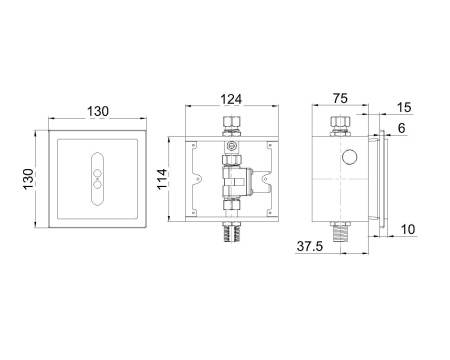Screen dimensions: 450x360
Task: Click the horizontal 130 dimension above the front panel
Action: click(98, 111)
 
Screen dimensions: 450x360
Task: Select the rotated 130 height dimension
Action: click(29, 179)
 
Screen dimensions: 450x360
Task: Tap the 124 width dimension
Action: click(231, 99)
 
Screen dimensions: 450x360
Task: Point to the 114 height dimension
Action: click(162, 179)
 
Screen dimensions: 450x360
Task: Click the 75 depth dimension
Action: click(340, 98)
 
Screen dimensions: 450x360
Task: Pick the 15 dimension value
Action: click(404, 107)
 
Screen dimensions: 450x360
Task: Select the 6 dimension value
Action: click(401, 128)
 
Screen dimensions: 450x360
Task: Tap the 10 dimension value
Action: click(407, 229)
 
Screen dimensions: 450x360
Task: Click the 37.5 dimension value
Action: click(310, 246)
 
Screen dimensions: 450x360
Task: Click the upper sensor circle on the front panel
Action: click(98, 173)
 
